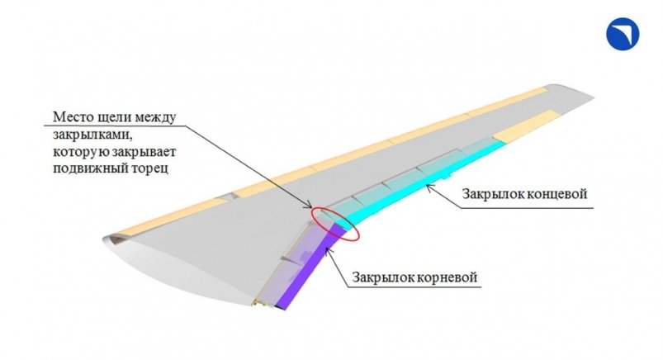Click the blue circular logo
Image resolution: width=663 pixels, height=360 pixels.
coord(623,34)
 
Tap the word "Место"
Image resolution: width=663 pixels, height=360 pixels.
coord(71,117)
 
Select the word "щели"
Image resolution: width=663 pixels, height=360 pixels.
coord(111,118)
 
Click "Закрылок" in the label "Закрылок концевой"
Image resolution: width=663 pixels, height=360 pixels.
coord(490,194)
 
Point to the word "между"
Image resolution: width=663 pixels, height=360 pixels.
coord(154,118)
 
